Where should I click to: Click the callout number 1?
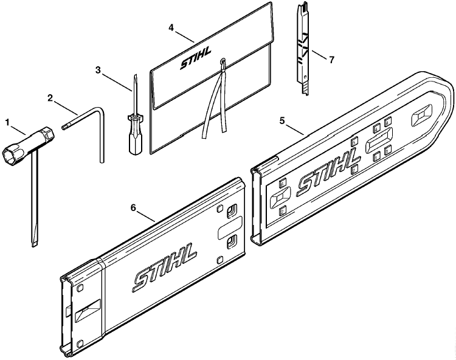click(7, 122)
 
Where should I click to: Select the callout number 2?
click(50, 98)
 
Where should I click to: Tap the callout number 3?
click(98, 70)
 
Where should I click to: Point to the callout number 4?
click(171, 27)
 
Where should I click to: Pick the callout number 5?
click(282, 120)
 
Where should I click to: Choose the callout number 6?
click(133, 207)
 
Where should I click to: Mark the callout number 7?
click(331, 60)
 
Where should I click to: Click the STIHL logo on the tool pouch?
click(195, 59)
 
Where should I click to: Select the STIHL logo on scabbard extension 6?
click(165, 267)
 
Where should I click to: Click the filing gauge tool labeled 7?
click(303, 49)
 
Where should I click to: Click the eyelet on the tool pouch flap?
click(223, 61)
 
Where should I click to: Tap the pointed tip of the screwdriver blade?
click(134, 77)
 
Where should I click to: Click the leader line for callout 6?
click(146, 217)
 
